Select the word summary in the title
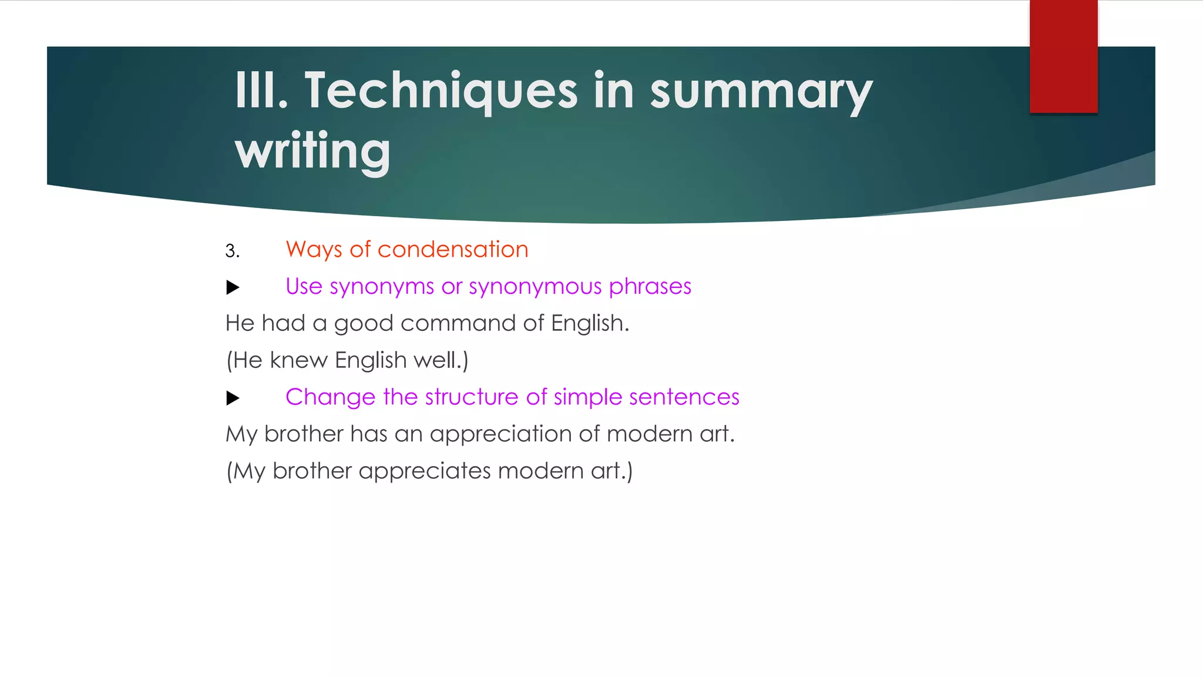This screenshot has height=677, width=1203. point(761,93)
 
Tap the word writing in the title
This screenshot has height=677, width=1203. point(312,151)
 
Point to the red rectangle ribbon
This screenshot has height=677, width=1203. point(1063,56)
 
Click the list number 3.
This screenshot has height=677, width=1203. point(232,251)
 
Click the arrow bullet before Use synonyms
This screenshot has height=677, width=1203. point(233,287)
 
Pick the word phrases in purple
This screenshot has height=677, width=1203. point(650,287)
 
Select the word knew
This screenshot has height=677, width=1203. point(298,360)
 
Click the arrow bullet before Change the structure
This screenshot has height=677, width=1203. point(233,398)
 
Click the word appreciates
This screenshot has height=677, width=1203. point(424,471)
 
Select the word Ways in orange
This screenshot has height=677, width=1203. point(314,249)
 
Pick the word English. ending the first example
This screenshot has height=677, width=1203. point(590,323)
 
